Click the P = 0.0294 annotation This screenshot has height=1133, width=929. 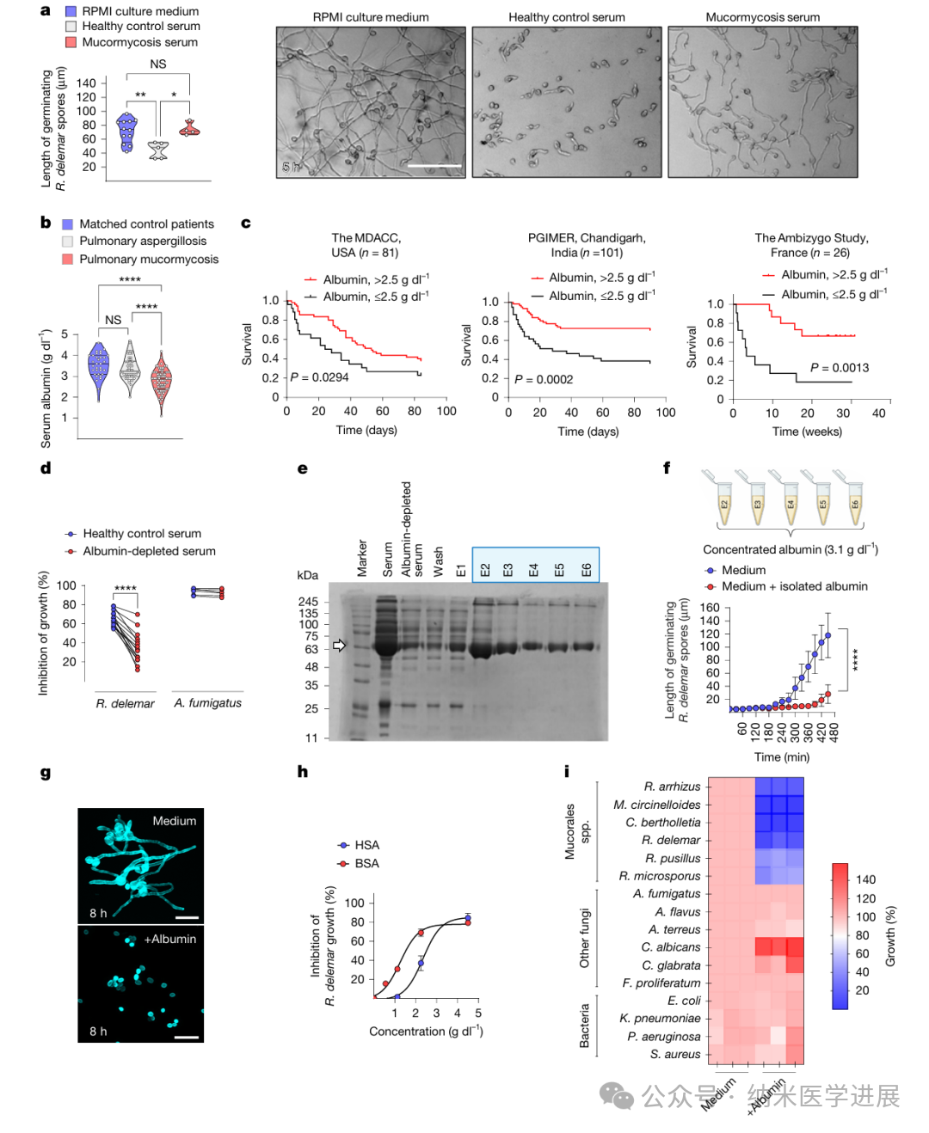click(x=319, y=377)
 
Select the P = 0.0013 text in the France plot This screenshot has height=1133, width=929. click(x=839, y=368)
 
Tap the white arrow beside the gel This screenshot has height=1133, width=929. click(x=339, y=646)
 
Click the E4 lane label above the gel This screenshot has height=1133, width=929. click(x=533, y=570)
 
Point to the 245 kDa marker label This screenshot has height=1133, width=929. click(x=308, y=602)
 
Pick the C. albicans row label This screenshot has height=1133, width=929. click(x=670, y=947)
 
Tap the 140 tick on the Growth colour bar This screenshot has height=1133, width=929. click(x=865, y=879)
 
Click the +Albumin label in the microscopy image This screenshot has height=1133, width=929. click(x=169, y=939)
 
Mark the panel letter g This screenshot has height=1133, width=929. click(x=46, y=773)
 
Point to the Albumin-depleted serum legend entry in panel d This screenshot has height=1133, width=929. click(x=149, y=551)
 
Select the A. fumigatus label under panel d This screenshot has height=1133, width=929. click(x=207, y=703)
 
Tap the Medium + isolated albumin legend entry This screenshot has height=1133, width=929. click(x=794, y=586)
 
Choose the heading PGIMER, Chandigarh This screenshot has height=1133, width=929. click(x=587, y=238)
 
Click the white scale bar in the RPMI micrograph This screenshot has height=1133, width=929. click(x=434, y=166)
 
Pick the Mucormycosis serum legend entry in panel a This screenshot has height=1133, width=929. click(x=139, y=42)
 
